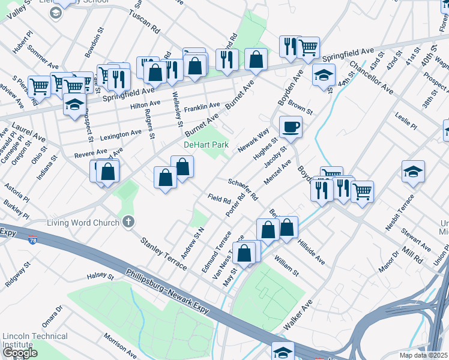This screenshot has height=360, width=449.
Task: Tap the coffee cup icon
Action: coord(291,127)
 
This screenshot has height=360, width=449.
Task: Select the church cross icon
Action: coord(127,223)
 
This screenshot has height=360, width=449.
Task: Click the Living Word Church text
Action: coord(84,223)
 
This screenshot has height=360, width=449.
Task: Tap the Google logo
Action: coord(20,353)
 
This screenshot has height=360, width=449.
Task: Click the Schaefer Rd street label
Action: coord(243,188)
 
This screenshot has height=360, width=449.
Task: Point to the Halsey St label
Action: coord(100,276)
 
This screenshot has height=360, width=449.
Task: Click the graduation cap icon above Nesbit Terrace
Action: coord(414,172)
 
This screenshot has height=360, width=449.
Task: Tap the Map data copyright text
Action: coord(423,355)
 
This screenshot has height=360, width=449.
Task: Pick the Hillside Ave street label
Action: coord(312,250)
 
